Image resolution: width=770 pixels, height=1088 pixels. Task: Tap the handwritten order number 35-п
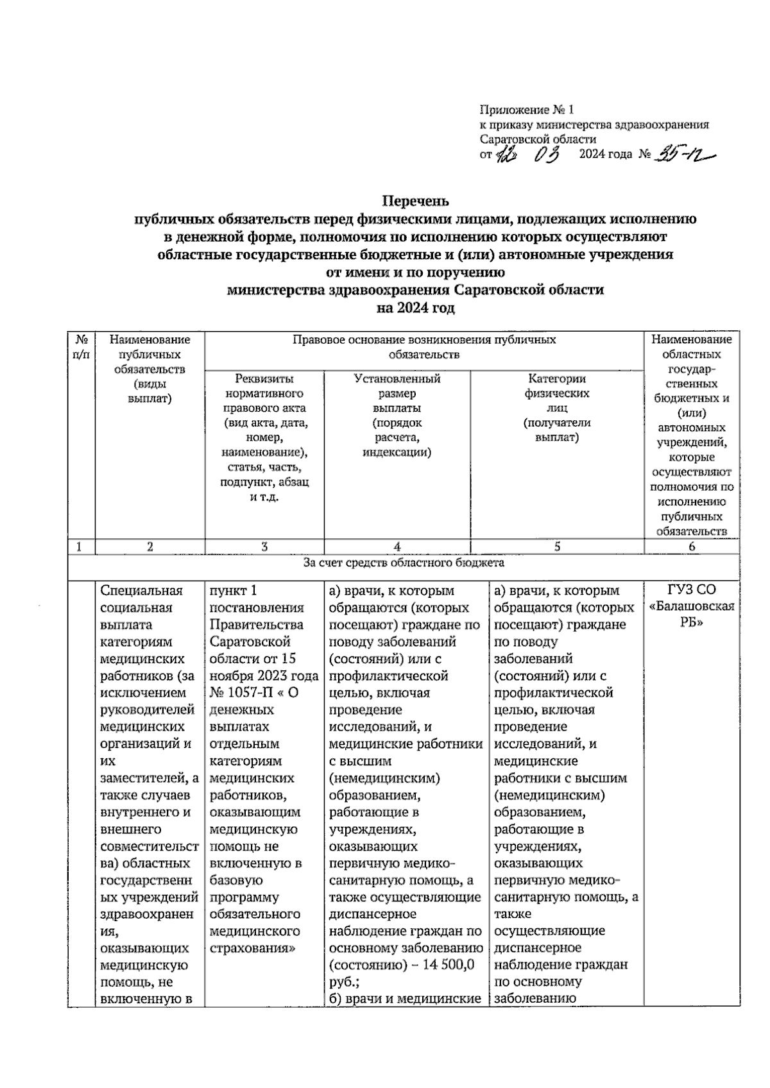click(683, 155)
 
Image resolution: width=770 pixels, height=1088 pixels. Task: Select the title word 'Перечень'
click(416, 201)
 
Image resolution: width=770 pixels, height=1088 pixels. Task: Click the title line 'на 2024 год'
click(416, 308)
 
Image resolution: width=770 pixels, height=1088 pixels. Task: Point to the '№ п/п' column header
click(81, 346)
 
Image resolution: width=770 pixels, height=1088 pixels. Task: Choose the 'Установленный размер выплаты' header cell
click(397, 415)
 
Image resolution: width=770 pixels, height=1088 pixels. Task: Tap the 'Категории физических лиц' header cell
click(557, 408)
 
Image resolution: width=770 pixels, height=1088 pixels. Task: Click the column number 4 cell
click(397, 547)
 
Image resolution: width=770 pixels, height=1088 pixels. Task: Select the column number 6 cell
click(692, 547)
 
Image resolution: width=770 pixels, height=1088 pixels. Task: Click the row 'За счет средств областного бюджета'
click(404, 563)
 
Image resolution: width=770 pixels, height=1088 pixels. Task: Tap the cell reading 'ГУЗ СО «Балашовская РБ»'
click(692, 607)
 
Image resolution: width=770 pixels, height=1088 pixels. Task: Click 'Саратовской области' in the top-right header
click(538, 139)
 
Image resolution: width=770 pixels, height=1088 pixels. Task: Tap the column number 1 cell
click(80, 547)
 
